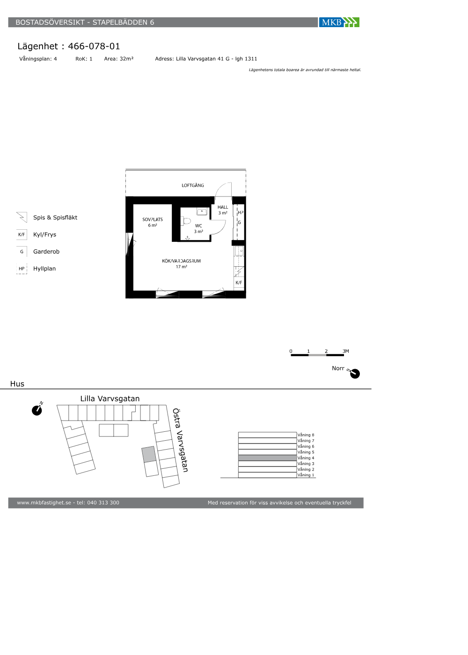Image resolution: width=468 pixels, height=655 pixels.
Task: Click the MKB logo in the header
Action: point(339,22)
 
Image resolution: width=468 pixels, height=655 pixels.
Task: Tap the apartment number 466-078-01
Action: point(94,46)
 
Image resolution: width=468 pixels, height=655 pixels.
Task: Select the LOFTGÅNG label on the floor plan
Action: point(193,185)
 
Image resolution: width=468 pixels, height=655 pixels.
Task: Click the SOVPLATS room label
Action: point(153,219)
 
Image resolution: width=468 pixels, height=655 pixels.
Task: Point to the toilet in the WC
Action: point(186,221)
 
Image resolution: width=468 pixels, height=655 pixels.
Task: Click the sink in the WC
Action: point(202,211)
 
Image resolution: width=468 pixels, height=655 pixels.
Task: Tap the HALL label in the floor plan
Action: point(223,207)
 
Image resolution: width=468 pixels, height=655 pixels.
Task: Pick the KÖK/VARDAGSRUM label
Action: point(182,261)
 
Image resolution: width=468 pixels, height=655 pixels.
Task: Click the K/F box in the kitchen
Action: point(239,283)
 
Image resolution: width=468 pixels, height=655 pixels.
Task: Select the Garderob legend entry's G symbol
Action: point(22,252)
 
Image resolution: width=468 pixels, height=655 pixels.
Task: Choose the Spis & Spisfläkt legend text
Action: point(55,218)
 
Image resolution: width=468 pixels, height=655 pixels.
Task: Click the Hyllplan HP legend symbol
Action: point(22,269)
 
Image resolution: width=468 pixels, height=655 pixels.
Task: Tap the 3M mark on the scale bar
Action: point(346,351)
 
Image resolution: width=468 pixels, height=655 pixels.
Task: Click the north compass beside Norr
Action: point(355,373)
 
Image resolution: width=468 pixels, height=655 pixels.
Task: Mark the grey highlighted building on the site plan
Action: point(149,454)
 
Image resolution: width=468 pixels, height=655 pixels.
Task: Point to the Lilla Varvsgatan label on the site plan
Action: point(110,399)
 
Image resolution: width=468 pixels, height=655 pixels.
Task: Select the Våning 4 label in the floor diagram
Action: point(306,458)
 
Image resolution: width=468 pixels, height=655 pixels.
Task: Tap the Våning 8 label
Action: point(306,435)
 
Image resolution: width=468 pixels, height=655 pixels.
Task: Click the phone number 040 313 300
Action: point(103,502)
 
